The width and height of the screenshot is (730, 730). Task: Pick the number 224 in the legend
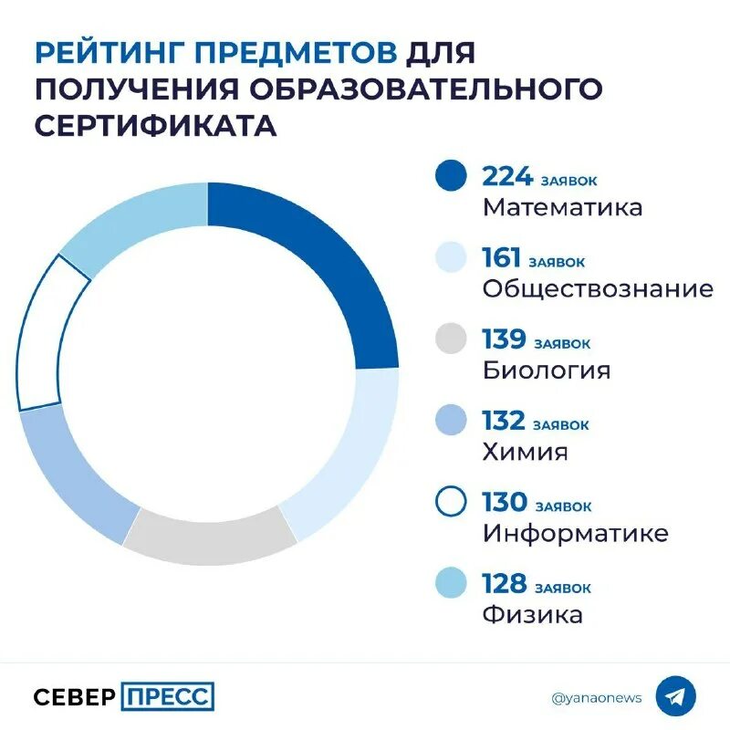click(507, 176)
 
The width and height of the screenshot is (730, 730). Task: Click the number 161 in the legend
click(500, 258)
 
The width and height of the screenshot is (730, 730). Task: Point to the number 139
click(504, 339)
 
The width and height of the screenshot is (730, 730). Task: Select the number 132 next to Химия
click(504, 421)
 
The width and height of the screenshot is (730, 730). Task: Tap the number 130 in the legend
click(505, 502)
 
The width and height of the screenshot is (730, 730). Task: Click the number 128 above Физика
click(505, 583)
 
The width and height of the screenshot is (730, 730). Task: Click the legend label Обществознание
click(598, 289)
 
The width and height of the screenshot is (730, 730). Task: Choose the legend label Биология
click(547, 370)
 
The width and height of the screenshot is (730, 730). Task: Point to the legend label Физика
click(532, 614)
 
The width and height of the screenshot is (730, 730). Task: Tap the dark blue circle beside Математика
click(451, 177)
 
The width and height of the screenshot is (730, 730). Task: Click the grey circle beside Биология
click(451, 339)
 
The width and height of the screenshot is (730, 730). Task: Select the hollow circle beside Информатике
click(451, 503)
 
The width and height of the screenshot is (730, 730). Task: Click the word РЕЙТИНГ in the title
click(120, 51)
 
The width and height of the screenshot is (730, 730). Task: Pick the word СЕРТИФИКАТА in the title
click(155, 125)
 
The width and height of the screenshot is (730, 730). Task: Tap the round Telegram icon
click(675, 697)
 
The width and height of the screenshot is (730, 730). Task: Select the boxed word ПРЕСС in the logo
click(167, 697)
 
